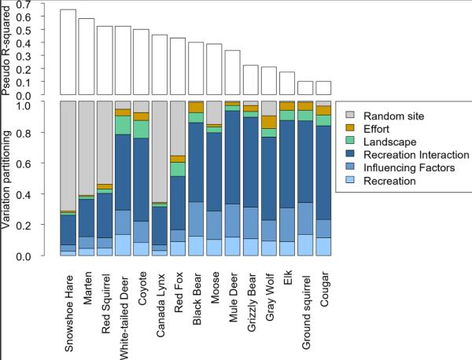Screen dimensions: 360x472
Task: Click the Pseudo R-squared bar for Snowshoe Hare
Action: tap(68, 52)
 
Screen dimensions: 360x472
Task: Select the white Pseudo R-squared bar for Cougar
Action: tap(323, 87)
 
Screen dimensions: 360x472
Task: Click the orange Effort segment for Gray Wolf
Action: tap(269, 122)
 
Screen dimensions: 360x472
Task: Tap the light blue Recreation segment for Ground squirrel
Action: tap(305, 244)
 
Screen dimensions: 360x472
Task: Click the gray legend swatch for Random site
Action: tap(350, 116)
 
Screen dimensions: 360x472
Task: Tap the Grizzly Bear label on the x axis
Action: tap(251, 303)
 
